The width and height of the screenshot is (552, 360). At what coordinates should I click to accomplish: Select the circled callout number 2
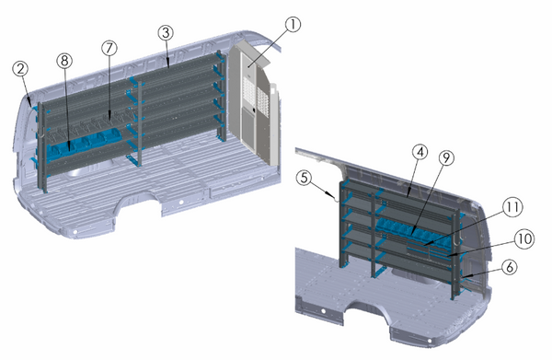(20, 68)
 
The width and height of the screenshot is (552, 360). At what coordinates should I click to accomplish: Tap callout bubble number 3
(165, 32)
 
